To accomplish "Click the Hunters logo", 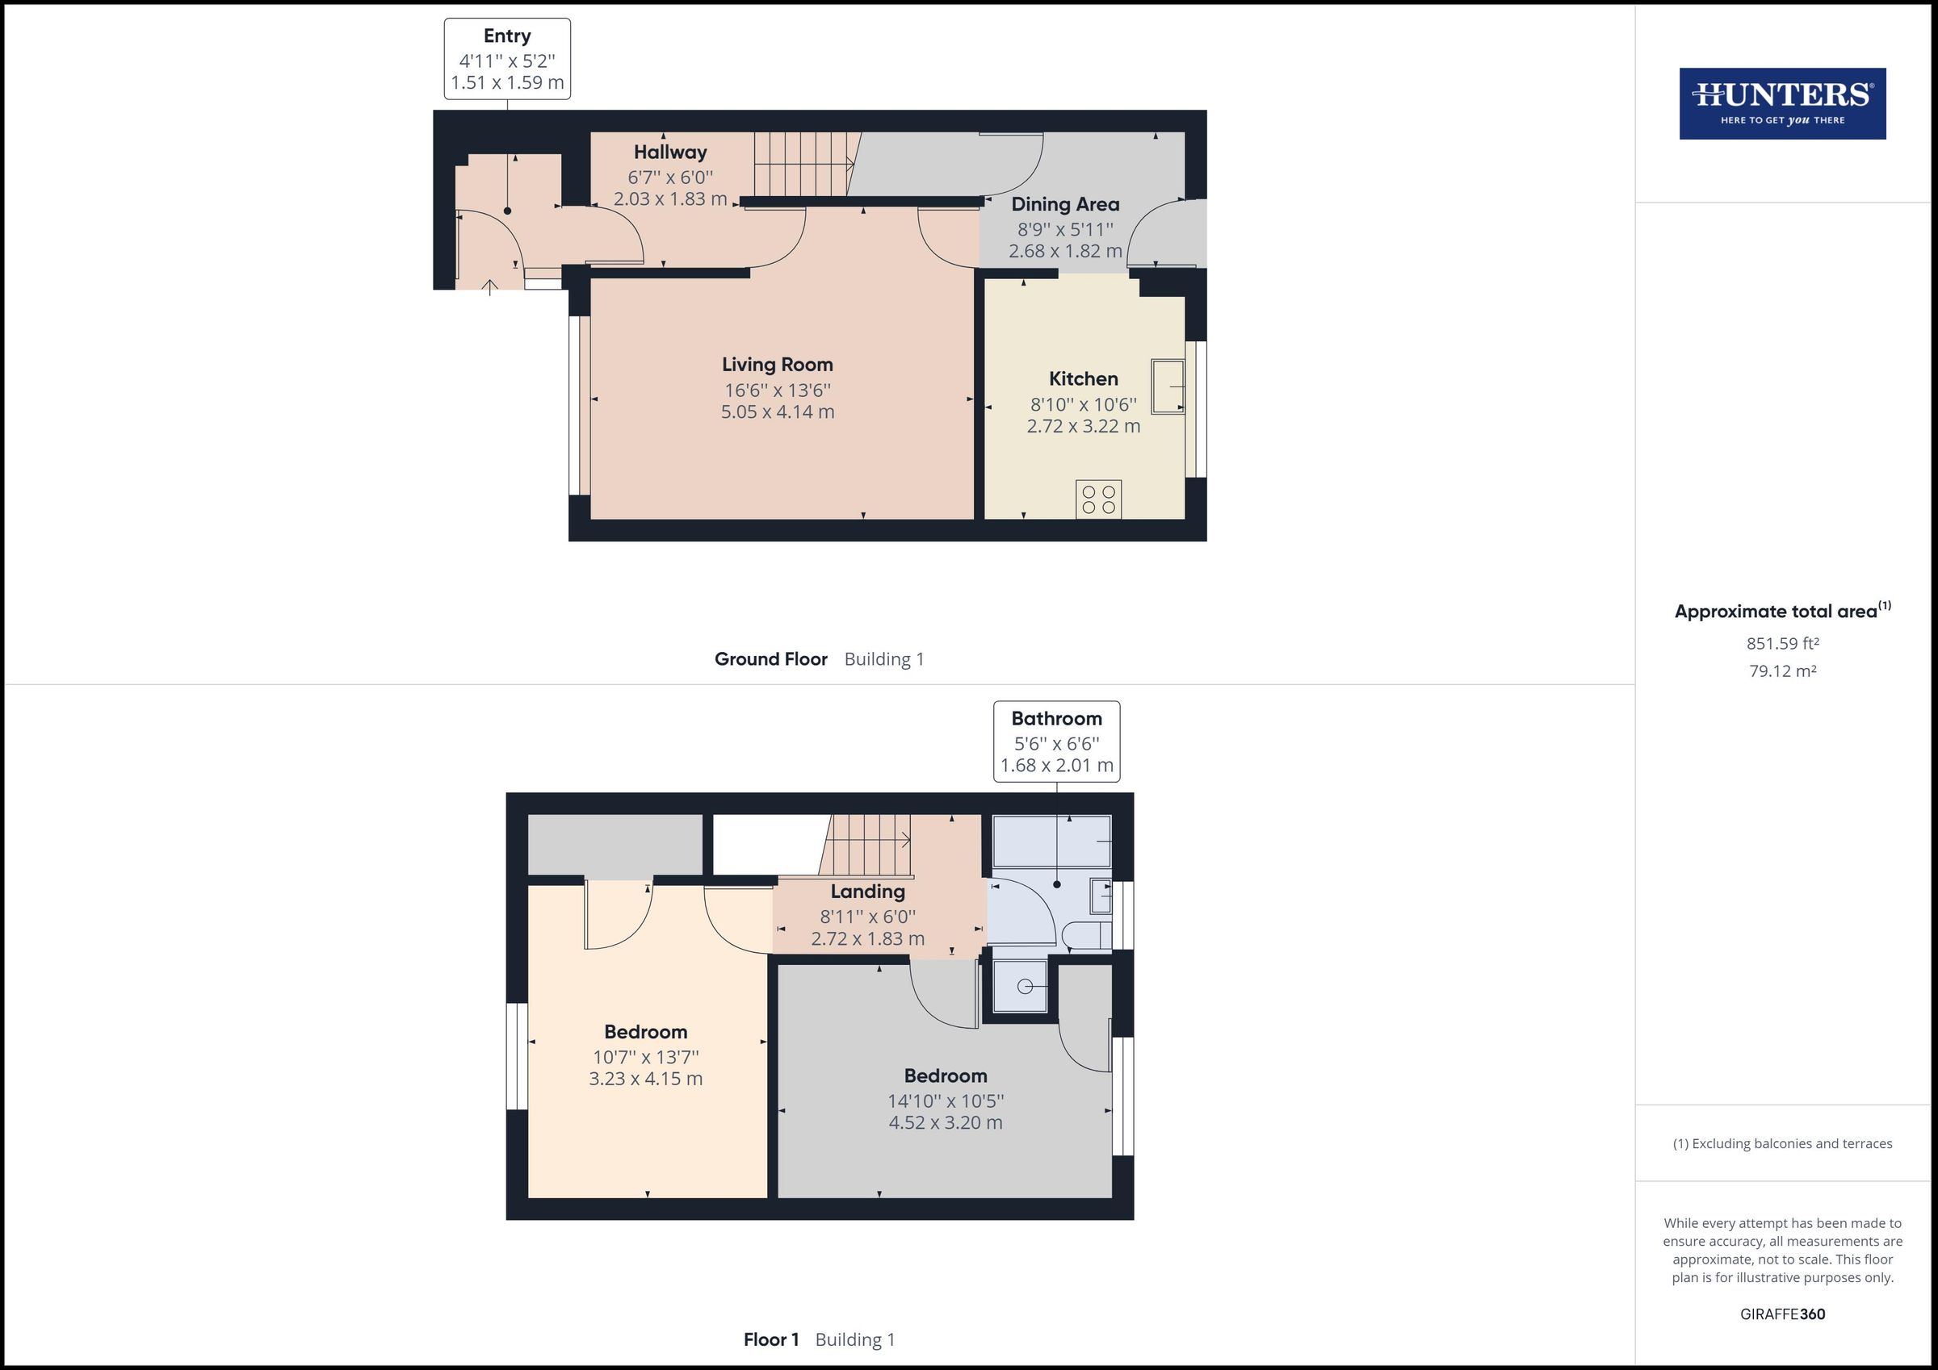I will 1782,104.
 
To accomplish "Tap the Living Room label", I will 777,365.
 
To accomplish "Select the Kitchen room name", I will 1083,378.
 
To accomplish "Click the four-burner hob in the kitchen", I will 1098,499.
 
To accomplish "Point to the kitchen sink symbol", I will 1168,386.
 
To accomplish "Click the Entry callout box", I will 507,59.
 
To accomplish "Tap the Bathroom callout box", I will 1056,741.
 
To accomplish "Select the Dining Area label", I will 1065,204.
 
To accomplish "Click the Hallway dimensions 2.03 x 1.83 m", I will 669,199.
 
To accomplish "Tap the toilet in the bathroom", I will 1085,934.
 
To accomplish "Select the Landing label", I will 867,892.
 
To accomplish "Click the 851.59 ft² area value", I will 1782,644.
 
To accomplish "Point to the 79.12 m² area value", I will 1782,671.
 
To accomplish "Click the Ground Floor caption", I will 770,659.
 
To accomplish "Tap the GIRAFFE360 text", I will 1782,1314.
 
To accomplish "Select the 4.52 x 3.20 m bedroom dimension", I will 946,1123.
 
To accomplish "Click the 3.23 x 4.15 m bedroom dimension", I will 646,1079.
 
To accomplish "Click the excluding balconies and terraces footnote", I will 1782,1144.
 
